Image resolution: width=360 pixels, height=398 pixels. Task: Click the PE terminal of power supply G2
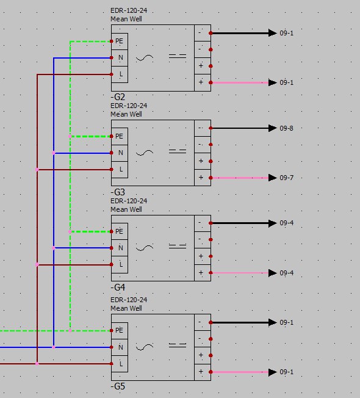point(120,42)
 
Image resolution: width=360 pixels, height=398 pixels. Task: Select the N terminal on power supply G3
point(120,153)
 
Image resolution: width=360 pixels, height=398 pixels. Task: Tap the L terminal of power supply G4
point(120,265)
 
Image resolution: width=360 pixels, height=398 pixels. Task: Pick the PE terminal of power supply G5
point(120,330)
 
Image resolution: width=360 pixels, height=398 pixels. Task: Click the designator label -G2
point(118,97)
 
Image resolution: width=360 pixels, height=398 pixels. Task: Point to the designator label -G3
point(118,192)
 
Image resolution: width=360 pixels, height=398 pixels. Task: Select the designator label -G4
point(118,288)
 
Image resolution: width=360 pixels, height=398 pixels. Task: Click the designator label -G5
point(118,386)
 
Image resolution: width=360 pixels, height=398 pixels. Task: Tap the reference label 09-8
point(286,128)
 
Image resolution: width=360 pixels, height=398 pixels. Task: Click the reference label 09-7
point(286,178)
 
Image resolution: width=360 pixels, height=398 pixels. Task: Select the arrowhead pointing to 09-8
point(273,128)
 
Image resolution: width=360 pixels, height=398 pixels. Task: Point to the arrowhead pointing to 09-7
point(273,178)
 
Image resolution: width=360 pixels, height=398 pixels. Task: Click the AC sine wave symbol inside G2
point(145,58)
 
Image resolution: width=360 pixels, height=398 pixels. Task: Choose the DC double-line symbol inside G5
point(178,346)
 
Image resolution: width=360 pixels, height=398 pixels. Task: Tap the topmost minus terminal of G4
point(203,223)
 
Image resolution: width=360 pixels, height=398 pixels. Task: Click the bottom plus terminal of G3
point(203,178)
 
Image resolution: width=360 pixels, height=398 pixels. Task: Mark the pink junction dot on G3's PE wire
point(70,137)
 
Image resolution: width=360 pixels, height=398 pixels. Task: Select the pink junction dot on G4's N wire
point(54,248)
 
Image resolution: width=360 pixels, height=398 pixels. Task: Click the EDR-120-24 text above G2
point(129,10)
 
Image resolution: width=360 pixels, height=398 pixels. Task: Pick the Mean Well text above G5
point(126,308)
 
